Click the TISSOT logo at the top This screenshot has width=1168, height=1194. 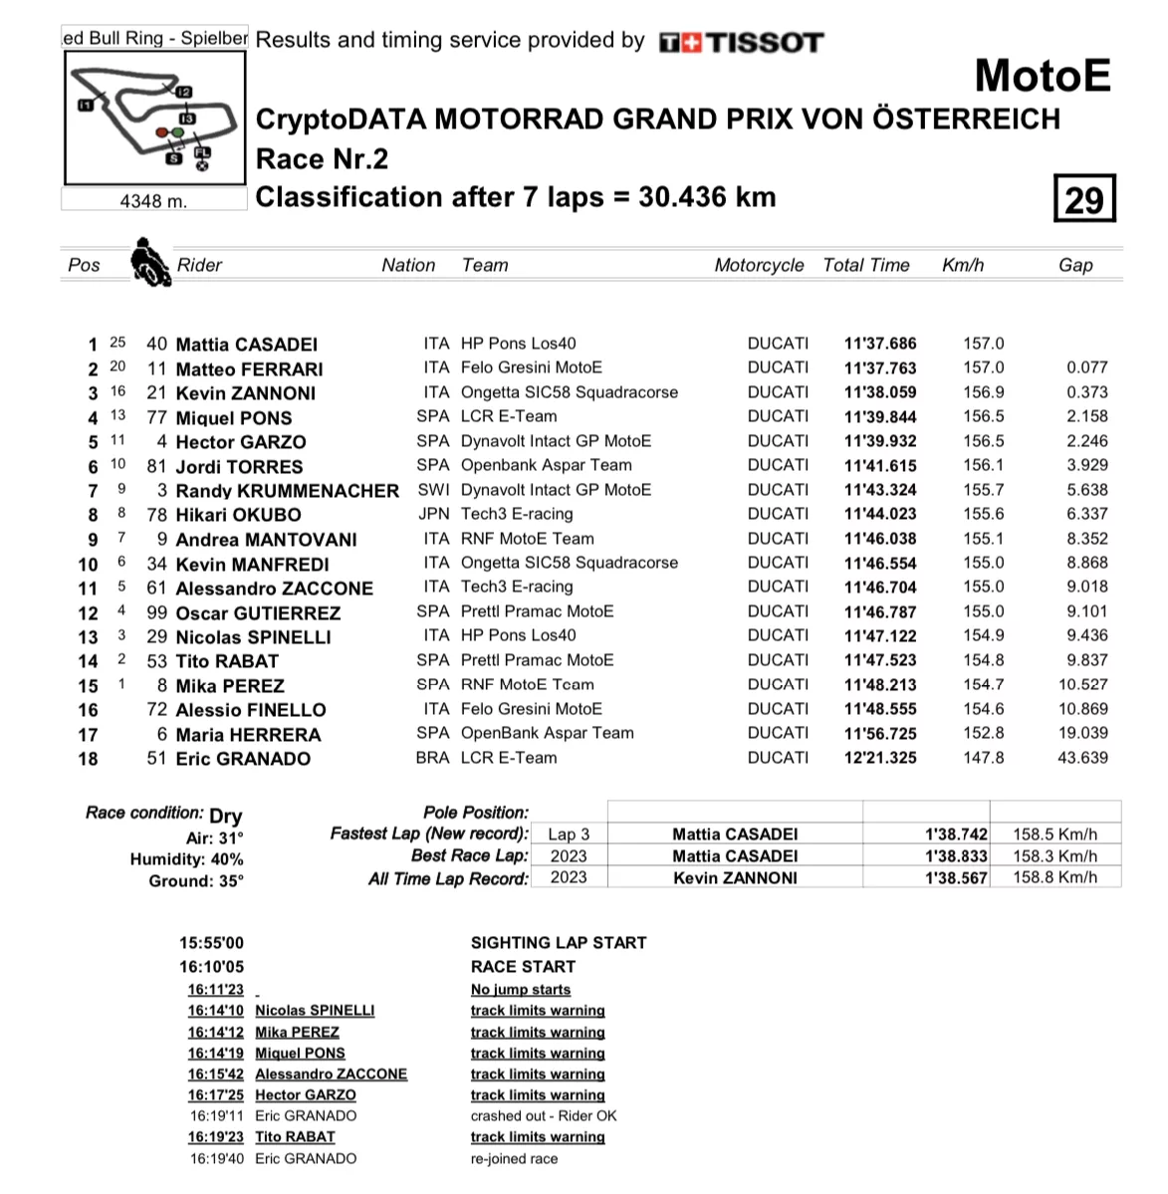pos(742,42)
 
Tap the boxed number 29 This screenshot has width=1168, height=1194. pos(1084,199)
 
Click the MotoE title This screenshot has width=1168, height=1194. pos(1042,76)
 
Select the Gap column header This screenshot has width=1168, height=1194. pos(1075,265)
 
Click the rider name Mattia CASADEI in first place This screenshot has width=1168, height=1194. pos(246,345)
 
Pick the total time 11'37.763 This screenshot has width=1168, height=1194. pos(880,368)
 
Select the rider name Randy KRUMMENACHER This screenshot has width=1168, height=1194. pos(287,490)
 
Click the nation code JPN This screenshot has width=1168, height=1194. pos(434,514)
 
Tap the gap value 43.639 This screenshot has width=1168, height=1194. pos(1083,758)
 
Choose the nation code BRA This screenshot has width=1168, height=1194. pos(433,758)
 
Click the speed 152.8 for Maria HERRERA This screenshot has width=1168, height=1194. pos(984,733)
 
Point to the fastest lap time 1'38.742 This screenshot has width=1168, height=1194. pos(956,835)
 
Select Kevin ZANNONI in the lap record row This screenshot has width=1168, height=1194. pos(735,878)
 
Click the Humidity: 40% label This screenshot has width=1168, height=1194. pos(186,859)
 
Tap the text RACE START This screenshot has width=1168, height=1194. pos(523,967)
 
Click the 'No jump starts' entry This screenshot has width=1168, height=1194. pos(521,990)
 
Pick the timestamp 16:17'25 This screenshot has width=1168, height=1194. pos(216,1095)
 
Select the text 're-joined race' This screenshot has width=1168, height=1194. pos(514,1159)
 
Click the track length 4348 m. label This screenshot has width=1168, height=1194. pos(153,201)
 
